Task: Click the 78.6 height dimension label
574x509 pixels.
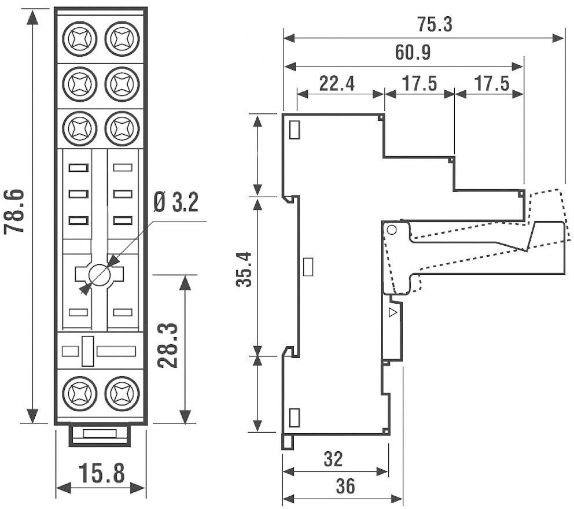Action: (x=15, y=211)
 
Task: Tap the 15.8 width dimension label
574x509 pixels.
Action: (x=101, y=473)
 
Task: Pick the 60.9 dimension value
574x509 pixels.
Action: (x=413, y=53)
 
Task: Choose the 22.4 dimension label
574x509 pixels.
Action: (x=337, y=84)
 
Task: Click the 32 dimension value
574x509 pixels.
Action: (x=333, y=459)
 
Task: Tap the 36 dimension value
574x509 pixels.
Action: (x=345, y=487)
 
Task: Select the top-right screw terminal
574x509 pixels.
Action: (x=122, y=38)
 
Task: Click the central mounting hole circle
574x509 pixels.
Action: (x=100, y=274)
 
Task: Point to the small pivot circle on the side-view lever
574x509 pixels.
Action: (x=391, y=230)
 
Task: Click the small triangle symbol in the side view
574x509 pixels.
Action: (x=393, y=313)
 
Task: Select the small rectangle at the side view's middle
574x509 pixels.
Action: (x=309, y=267)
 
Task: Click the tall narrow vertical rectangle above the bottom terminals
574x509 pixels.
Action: (x=88, y=351)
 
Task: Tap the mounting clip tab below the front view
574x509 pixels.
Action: (x=100, y=434)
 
